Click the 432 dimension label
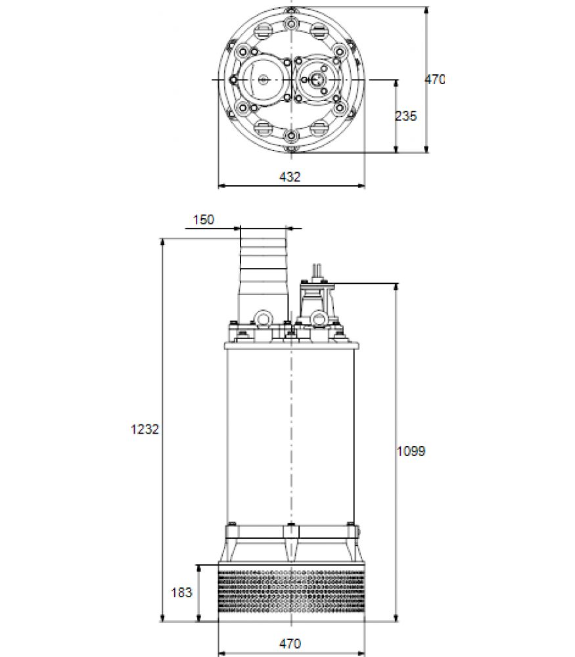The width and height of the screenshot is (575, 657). tap(290, 177)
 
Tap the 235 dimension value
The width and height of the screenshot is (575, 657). tap(406, 116)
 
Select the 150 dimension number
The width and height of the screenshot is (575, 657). tap(203, 219)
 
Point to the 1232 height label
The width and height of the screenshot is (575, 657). tap(145, 429)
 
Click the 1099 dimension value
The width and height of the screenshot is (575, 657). tap(411, 451)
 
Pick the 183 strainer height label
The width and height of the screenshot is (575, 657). tap(181, 593)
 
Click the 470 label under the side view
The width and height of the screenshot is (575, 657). tap(290, 643)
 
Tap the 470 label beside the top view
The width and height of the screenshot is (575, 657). tap(435, 79)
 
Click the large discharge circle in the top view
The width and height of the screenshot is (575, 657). tap(264, 79)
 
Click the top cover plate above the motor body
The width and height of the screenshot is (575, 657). tap(292, 346)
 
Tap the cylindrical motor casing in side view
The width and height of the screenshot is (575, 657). tap(290, 436)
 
